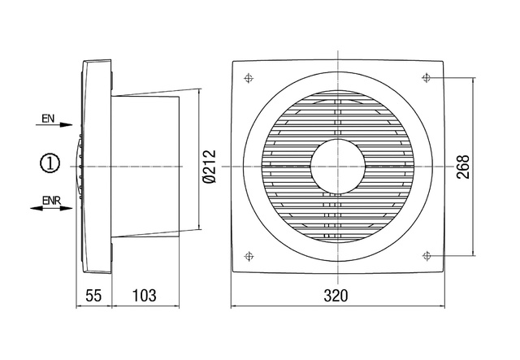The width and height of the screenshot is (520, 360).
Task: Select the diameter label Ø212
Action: (x=210, y=166)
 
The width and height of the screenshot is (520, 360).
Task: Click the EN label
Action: (x=48, y=119)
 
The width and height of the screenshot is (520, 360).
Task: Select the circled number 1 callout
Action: (x=50, y=165)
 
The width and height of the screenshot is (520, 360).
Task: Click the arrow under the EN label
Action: (x=54, y=128)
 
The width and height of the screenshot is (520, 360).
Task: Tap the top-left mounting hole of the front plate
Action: (x=247, y=79)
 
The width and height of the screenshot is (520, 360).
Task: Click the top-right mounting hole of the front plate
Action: (x=427, y=78)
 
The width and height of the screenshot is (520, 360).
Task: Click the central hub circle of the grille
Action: (x=336, y=166)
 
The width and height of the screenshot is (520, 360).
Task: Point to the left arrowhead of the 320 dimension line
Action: (x=236, y=306)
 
